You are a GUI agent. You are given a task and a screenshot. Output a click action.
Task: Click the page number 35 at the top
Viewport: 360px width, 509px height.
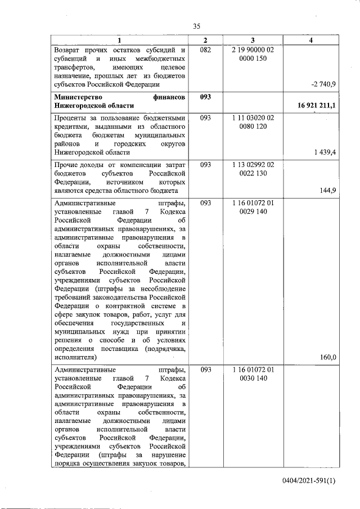pyautogui.click(x=196, y=26)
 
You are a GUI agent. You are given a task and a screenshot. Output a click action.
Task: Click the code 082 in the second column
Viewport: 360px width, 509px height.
pyautogui.click(x=205, y=50)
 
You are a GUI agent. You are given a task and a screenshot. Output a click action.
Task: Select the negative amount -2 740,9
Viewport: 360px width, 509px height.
pyautogui.click(x=323, y=84)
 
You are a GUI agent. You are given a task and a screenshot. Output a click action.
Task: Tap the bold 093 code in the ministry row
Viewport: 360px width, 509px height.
pyautogui.click(x=205, y=97)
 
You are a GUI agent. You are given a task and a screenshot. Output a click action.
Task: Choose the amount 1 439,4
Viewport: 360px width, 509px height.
pyautogui.click(x=324, y=152)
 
